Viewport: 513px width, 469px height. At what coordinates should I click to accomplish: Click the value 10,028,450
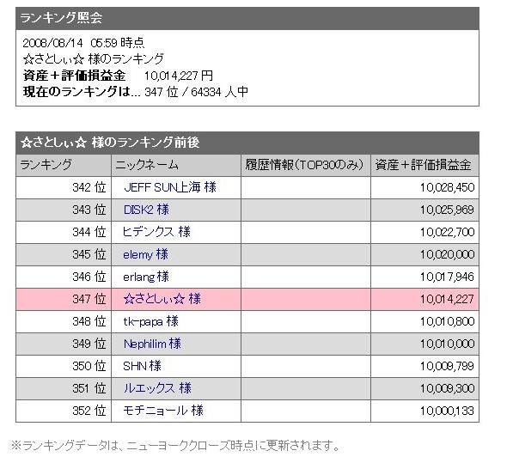[x=447, y=187]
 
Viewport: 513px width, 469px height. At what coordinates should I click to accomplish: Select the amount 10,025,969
[x=447, y=210]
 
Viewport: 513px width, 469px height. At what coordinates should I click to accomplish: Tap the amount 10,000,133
[x=447, y=411]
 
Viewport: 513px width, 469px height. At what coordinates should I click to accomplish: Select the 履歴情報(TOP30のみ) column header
[x=305, y=165]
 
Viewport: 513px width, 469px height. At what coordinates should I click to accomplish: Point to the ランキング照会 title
[x=61, y=18]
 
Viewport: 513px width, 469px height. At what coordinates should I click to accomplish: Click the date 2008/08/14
[x=52, y=43]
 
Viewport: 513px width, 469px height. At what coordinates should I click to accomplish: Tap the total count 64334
[x=206, y=92]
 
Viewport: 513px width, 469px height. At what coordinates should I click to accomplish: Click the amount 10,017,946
[x=447, y=277]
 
